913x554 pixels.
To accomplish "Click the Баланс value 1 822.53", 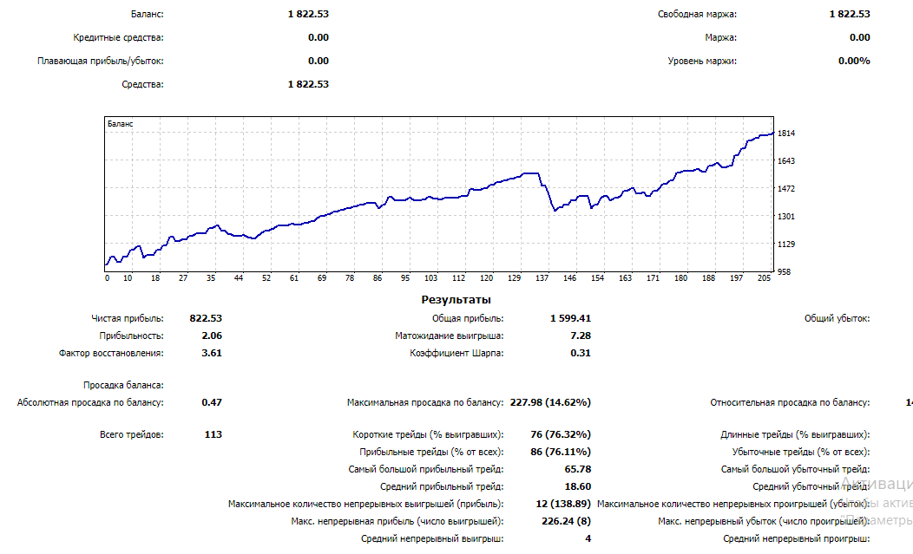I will (x=308, y=14).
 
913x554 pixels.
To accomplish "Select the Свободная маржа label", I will (x=697, y=14).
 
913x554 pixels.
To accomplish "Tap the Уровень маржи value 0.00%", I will (x=853, y=61).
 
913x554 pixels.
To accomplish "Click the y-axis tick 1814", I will (x=787, y=134).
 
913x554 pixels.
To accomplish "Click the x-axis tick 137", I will (x=543, y=278).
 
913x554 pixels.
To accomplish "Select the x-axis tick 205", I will (x=765, y=278).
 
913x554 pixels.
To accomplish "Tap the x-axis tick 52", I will (x=267, y=278).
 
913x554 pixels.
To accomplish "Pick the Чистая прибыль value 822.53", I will (x=206, y=318).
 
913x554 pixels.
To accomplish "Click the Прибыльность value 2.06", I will (x=212, y=336).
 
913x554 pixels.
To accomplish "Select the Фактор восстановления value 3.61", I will (x=212, y=353).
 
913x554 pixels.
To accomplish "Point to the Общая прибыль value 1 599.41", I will (x=570, y=318).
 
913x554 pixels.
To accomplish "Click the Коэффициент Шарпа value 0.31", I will (x=581, y=353).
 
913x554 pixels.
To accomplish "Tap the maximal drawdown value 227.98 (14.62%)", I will (x=550, y=402).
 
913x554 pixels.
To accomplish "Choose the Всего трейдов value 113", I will (x=213, y=434).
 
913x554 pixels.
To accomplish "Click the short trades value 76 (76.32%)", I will (x=561, y=434).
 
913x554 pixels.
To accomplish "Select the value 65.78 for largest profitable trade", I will (x=578, y=469).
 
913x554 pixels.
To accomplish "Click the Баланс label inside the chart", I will (x=121, y=124).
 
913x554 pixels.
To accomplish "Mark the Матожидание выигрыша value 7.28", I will (x=581, y=336).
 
